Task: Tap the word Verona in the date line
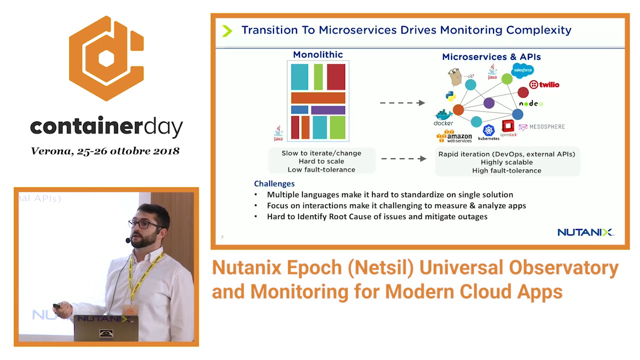[x=51, y=151]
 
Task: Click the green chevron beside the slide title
[x=227, y=31]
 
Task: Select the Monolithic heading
[x=317, y=55]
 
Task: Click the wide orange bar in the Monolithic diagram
[x=318, y=98]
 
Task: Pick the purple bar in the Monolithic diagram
[x=328, y=110]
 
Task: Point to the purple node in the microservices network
[x=489, y=103]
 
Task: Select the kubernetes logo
[x=488, y=132]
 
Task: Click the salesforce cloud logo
[x=522, y=70]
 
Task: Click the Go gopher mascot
[x=454, y=77]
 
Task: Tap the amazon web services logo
[x=454, y=136]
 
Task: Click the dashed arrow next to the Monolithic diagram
[x=402, y=103]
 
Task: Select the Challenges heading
[x=274, y=183]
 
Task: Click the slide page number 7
[x=222, y=237]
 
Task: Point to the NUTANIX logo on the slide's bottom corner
[x=585, y=232]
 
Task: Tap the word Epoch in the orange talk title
[x=313, y=268]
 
